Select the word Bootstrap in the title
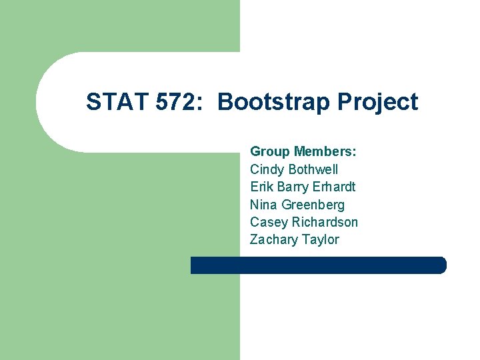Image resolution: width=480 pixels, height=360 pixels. tap(274, 102)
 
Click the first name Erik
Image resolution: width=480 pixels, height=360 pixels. tap(261, 187)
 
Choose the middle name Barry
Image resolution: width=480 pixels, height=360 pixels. tap(293, 187)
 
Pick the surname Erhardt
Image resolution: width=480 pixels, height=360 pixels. tap(334, 187)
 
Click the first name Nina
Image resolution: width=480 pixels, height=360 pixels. tap(264, 205)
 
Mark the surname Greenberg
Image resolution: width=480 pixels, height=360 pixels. tap(313, 205)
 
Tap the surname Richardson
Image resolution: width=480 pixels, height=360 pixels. tap(325, 222)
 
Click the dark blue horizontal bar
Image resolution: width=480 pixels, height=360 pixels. tap(318, 265)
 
